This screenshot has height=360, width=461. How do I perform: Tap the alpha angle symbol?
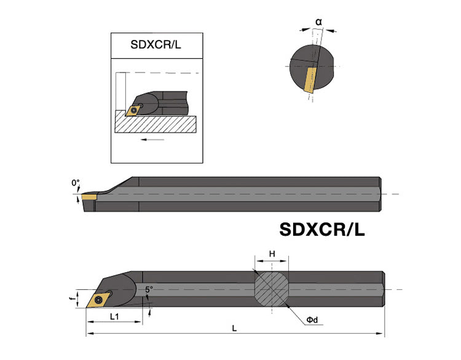coord(318,22)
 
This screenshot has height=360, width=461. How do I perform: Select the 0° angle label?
coord(76,183)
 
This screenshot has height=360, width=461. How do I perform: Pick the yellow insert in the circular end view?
coord(310,80)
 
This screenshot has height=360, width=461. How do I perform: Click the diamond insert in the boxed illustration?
coord(133,111)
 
